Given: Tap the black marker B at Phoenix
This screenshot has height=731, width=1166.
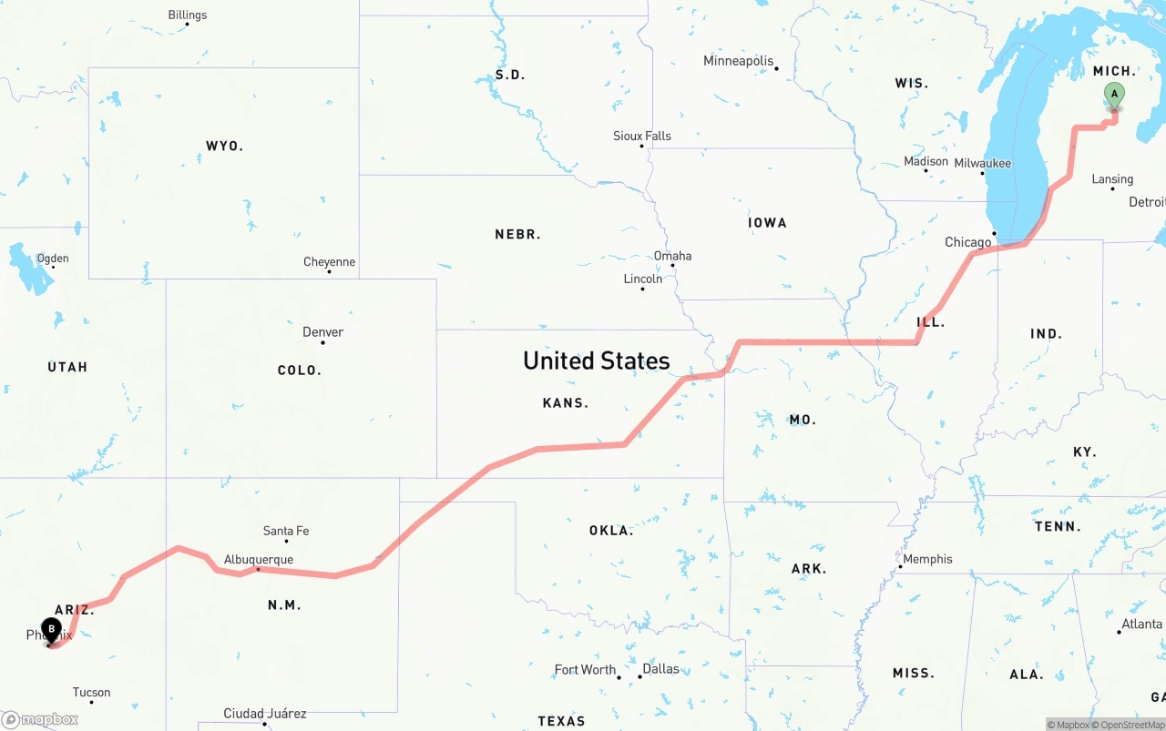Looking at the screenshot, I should click(x=52, y=629).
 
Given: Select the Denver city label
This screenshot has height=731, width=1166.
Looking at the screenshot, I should click(x=323, y=332).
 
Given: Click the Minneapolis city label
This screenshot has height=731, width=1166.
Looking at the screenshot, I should click(x=738, y=61).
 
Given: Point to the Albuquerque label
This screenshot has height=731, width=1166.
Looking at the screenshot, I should click(x=259, y=560).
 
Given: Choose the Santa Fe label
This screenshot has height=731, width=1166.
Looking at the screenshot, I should click(x=285, y=531).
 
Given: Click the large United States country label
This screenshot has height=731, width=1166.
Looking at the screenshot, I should click(x=597, y=360).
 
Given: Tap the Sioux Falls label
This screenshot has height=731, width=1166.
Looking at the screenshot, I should click(x=642, y=136).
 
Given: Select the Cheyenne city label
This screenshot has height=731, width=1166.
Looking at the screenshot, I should click(x=329, y=262).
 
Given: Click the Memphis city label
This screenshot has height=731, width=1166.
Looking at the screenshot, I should click(x=927, y=559).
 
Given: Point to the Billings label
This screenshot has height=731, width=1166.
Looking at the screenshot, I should click(x=188, y=15).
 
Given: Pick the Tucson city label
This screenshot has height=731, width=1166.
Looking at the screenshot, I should click(x=91, y=693).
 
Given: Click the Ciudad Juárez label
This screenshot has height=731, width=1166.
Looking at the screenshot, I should click(x=265, y=714).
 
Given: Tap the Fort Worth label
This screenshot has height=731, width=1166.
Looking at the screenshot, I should click(x=585, y=670).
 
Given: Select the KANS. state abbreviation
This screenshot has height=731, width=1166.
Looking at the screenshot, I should click(x=565, y=402).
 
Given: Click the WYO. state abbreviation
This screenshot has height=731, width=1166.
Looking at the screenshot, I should click(x=224, y=146).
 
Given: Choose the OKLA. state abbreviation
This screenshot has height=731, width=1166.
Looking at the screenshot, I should click(x=610, y=530).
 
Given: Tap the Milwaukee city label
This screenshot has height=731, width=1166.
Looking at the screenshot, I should click(x=982, y=163).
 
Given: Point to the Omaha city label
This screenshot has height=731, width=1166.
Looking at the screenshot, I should click(x=672, y=256).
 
